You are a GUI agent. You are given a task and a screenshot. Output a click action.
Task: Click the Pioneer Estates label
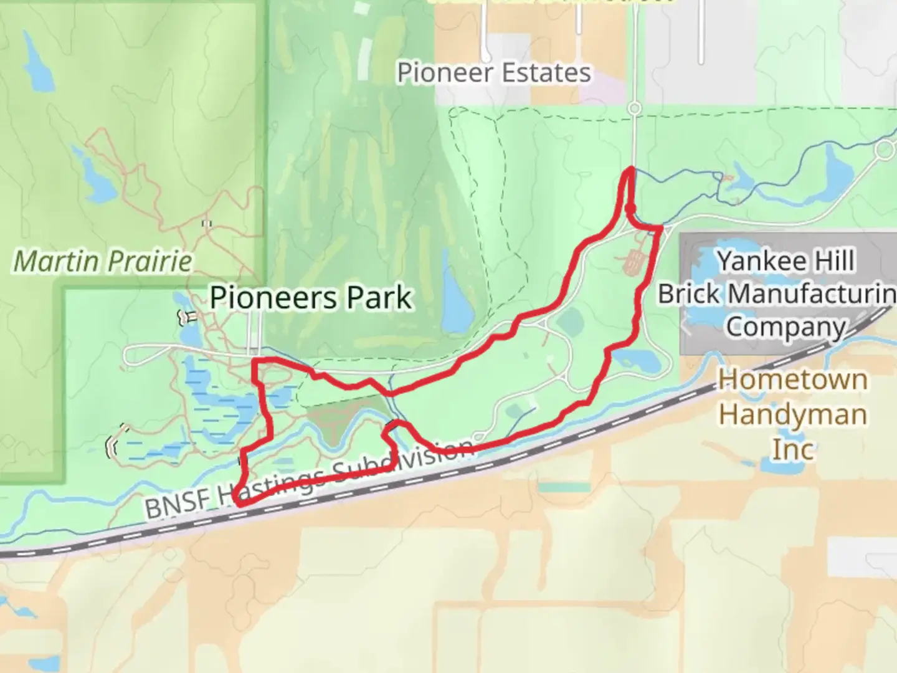click(494, 73)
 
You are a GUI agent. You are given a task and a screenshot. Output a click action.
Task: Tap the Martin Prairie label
click(103, 260)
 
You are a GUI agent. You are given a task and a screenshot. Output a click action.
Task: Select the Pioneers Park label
click(310, 297)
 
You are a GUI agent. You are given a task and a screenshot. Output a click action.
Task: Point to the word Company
click(786, 327)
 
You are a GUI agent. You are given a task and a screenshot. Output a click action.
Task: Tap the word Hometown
click(792, 379)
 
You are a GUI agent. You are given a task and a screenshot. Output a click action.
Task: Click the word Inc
click(792, 449)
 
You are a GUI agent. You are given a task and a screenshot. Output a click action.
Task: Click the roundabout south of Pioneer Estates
click(634, 108)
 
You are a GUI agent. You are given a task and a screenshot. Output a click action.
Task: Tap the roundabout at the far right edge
click(885, 150)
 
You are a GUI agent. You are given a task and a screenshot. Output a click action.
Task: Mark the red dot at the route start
click(630, 208)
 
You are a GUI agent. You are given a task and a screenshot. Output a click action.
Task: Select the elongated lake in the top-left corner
click(37, 62)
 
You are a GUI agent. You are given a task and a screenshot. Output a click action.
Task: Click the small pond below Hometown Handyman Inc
click(771, 464)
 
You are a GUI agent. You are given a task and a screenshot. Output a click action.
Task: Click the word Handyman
click(792, 414)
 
